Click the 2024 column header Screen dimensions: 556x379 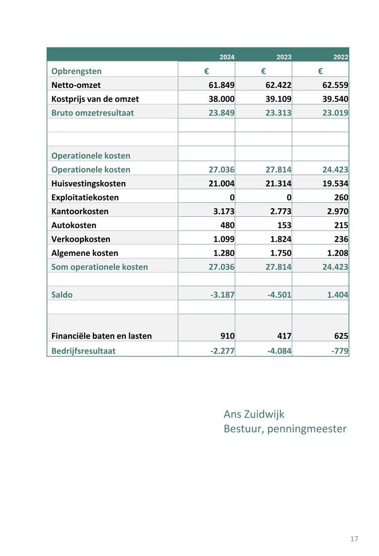[227, 57]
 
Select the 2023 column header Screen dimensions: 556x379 [283, 57]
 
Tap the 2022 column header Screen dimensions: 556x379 [341, 57]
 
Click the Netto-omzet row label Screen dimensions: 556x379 [76, 85]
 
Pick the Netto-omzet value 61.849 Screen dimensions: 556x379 [221, 85]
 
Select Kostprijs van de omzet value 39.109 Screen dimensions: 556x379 [278, 99]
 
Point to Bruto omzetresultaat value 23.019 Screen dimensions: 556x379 [336, 113]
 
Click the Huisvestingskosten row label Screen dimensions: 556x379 [88, 183]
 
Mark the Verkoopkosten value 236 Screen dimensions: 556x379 [341, 239]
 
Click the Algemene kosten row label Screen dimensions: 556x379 [85, 253]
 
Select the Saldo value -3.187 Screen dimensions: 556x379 [222, 295]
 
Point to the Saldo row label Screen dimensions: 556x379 [62, 295]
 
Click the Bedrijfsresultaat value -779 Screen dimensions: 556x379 [340, 351]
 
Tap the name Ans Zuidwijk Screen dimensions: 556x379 [254, 414]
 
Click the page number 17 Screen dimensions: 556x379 [354, 539]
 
